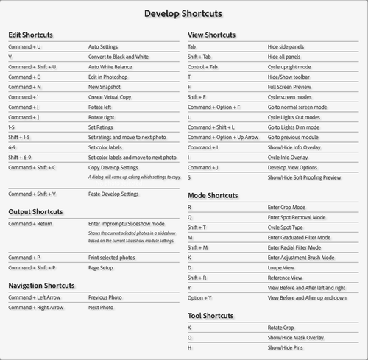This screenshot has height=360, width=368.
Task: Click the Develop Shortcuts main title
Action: pos(183,13)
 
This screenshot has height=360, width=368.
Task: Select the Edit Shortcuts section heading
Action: pos(30,35)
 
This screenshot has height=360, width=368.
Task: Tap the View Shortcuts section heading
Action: pos(211,35)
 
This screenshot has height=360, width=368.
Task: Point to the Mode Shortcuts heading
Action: pos(213,196)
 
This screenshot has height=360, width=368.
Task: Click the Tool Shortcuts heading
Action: pos(210,316)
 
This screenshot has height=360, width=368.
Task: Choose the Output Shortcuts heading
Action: pos(35,212)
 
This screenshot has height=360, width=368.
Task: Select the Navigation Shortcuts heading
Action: pos(41,286)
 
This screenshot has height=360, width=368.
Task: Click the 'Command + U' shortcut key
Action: pos(24,46)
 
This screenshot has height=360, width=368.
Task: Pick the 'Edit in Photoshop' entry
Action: pos(107,77)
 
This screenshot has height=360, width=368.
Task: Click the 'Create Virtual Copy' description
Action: pos(110,96)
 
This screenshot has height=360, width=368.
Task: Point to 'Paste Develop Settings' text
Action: pos(113,194)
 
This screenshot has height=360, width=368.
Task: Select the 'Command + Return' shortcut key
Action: pos(30,223)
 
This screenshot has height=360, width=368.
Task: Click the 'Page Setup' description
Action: pos(102,268)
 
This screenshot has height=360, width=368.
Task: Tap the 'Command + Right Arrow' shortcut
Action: pos(36,308)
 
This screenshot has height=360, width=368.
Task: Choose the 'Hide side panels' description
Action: pos(286,46)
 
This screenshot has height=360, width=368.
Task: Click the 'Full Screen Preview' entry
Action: pos(290,87)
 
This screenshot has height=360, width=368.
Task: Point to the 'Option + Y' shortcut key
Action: pos(199,298)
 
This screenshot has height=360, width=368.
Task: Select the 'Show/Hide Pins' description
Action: pos(286,347)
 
